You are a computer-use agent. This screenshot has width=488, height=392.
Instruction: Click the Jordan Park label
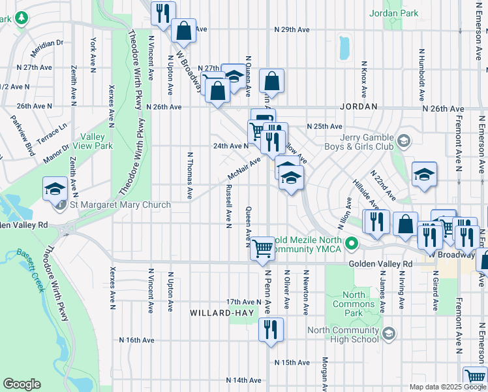pos(393,12)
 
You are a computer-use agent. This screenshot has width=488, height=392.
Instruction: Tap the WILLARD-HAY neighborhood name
pos(221,313)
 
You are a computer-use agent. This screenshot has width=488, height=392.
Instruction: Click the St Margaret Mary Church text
pos(120,205)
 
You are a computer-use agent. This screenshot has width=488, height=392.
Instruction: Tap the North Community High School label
pos(343,335)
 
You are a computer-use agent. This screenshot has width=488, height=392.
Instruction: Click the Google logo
pos(22,384)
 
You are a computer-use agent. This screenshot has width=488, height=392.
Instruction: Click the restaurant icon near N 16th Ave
pos(271,329)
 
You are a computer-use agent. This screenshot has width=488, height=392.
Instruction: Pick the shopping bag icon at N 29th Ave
pos(184,30)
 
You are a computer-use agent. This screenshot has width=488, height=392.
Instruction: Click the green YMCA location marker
pos(353,245)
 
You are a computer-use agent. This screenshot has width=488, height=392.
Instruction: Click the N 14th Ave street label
pos(244,380)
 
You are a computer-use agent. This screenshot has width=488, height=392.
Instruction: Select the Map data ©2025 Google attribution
pos(447,387)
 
